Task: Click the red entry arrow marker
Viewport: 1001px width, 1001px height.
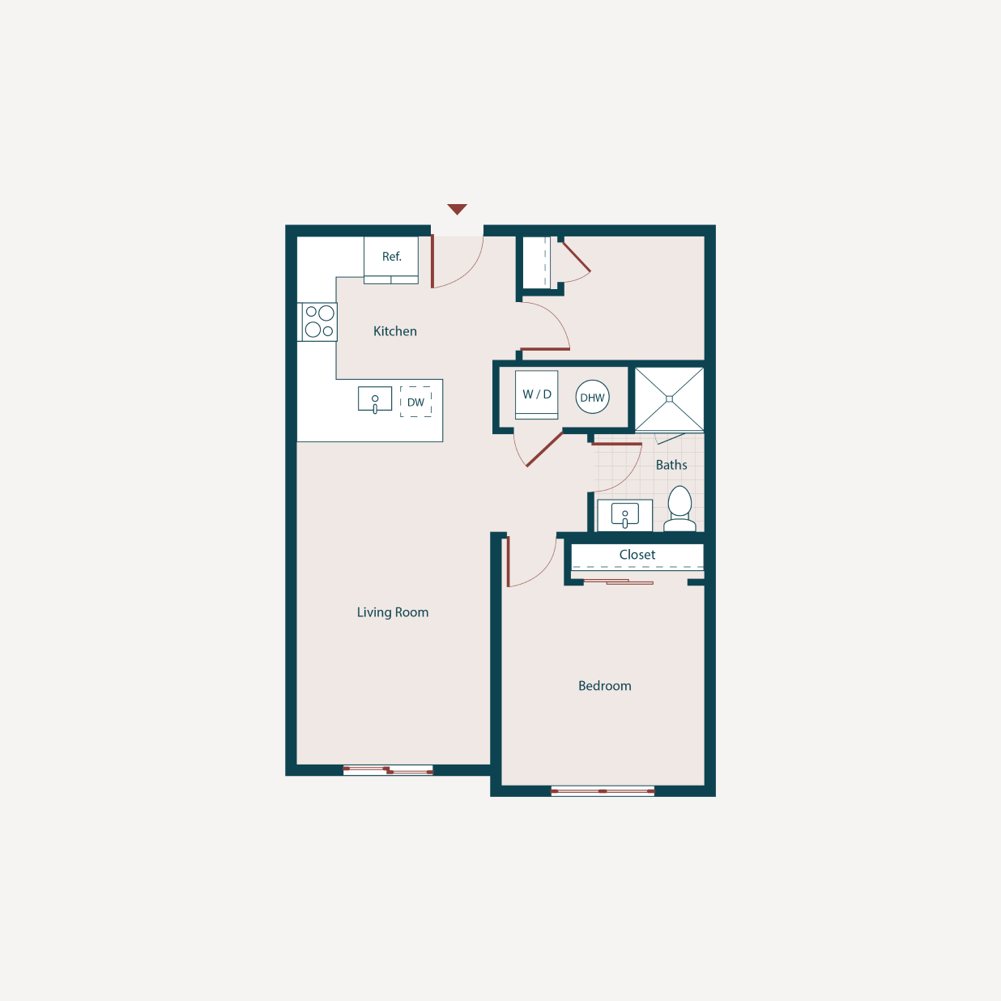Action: pos(457,209)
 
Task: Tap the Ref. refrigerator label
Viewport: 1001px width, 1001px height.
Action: pos(392,257)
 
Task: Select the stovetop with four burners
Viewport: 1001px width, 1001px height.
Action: pos(319,322)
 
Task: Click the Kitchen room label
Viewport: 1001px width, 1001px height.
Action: pos(395,331)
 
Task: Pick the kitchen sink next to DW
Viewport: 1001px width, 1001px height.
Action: pos(375,399)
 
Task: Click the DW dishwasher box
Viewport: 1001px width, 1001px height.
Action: pos(415,402)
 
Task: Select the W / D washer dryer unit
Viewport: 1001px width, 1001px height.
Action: pos(536,394)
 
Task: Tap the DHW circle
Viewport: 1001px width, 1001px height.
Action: pos(592,398)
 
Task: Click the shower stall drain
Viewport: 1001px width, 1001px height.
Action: pos(669,399)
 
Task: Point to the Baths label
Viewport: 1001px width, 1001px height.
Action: pos(671,465)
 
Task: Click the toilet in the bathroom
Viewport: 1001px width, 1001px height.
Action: pos(679,509)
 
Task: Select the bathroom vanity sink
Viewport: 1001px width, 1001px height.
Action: pos(624,515)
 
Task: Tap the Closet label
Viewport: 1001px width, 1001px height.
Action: pos(637,555)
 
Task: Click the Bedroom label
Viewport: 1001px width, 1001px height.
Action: pos(605,686)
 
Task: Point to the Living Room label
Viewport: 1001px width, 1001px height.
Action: pos(393,612)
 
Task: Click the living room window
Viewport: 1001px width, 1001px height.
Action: pos(388,770)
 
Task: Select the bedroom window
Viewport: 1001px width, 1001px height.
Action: pos(603,790)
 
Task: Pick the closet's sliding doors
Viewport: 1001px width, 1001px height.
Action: pos(619,581)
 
